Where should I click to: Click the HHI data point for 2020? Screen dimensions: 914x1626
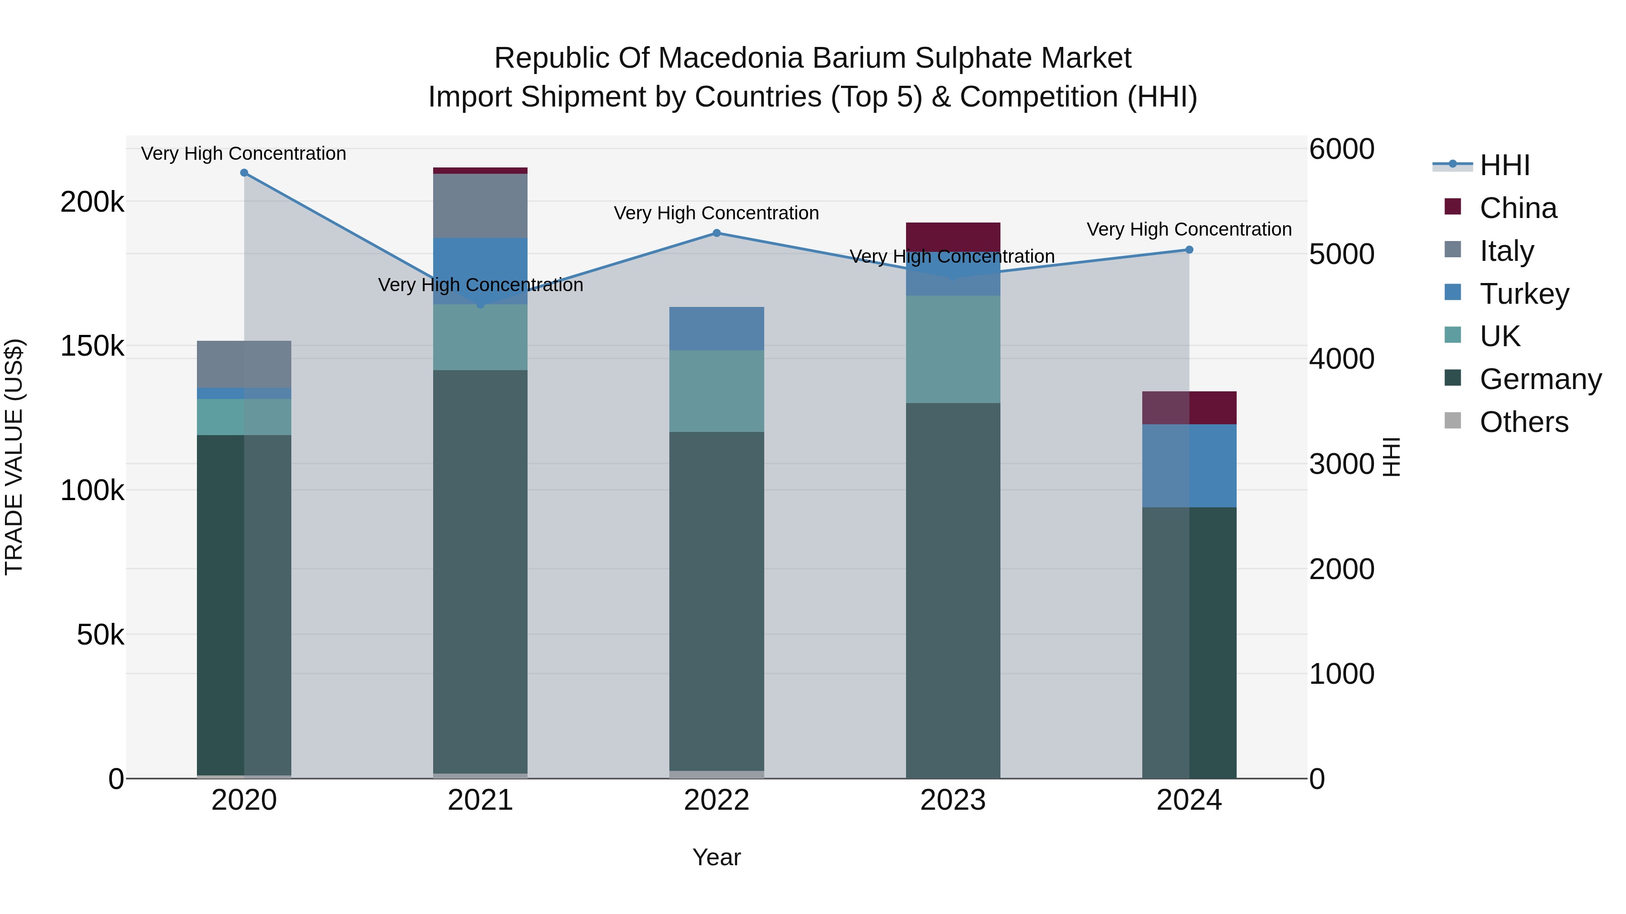[244, 173]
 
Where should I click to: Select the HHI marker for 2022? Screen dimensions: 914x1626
[716, 233]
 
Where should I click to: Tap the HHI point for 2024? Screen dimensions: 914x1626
[1189, 250]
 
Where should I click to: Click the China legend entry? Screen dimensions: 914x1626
[1518, 208]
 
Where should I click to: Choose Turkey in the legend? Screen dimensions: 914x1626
[1524, 294]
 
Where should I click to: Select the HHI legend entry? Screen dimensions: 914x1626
[1504, 165]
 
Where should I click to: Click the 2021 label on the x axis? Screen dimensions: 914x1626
[481, 800]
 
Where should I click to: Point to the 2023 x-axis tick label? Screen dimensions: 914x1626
[953, 800]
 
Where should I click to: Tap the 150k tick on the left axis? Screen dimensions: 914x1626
[92, 346]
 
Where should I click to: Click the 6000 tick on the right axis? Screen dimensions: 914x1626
[1341, 149]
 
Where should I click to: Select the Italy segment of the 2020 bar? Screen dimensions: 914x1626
[244, 364]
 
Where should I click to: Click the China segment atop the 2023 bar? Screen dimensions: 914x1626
[953, 237]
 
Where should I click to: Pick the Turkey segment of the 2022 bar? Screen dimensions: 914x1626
[716, 329]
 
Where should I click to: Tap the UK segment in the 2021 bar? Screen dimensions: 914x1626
[481, 338]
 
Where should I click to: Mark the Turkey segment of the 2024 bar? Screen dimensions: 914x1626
[1189, 465]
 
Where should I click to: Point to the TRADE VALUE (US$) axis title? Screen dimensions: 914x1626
[14, 457]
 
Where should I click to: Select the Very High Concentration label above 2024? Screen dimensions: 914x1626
[1189, 230]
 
